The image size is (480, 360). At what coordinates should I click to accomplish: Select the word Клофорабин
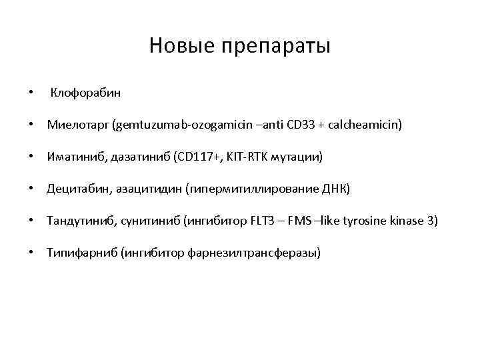click(86, 93)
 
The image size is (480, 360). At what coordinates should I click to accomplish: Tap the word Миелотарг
click(77, 125)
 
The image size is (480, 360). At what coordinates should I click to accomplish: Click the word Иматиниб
click(74, 157)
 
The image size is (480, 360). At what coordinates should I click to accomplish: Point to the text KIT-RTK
click(247, 157)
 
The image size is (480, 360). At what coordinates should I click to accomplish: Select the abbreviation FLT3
click(281, 221)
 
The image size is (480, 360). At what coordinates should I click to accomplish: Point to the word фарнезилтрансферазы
click(263, 253)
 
